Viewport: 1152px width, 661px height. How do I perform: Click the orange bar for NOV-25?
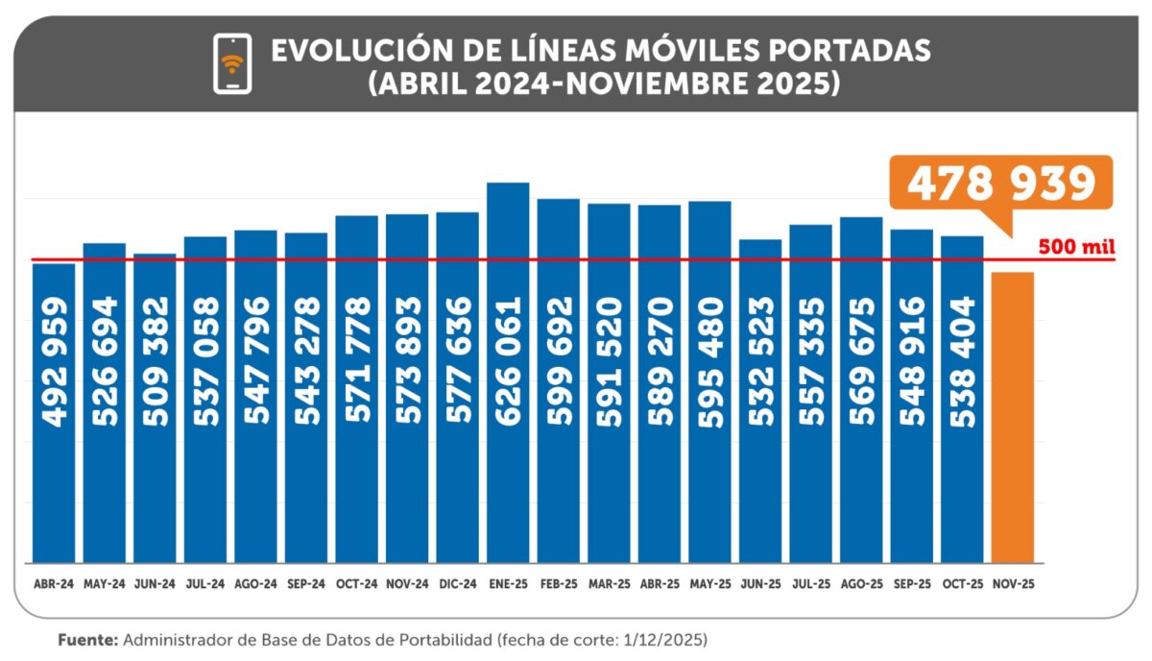(x=1012, y=418)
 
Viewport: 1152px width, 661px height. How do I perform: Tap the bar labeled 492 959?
(x=54, y=413)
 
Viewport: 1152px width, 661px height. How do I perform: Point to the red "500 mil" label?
(x=1076, y=247)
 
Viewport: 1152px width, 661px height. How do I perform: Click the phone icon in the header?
(x=231, y=63)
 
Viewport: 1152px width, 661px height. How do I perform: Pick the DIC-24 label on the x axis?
(x=457, y=583)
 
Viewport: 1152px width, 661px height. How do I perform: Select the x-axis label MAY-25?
(x=709, y=583)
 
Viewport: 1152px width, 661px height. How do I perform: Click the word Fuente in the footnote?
(x=88, y=639)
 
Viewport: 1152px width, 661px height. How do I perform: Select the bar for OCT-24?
(x=356, y=389)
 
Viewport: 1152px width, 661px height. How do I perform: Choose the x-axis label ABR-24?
(x=53, y=583)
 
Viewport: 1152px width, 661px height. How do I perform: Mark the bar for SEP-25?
(x=911, y=396)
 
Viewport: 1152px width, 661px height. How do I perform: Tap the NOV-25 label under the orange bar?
(x=1012, y=583)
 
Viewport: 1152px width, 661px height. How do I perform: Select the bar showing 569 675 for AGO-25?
(x=861, y=390)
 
